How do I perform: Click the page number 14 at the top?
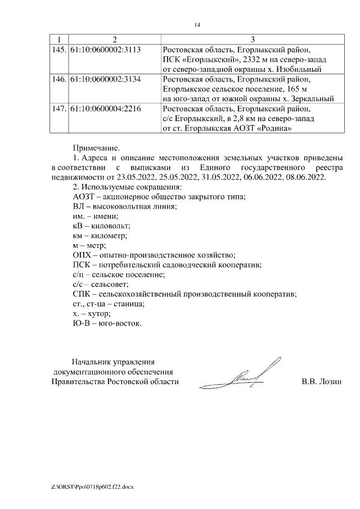click(x=196, y=25)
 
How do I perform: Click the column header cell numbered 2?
click(x=114, y=39)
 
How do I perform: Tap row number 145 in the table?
click(x=58, y=50)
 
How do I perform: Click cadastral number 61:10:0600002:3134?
click(x=105, y=79)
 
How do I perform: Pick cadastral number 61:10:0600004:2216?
click(x=105, y=109)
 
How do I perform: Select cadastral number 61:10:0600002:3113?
click(x=105, y=50)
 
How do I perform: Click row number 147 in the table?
click(x=58, y=109)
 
